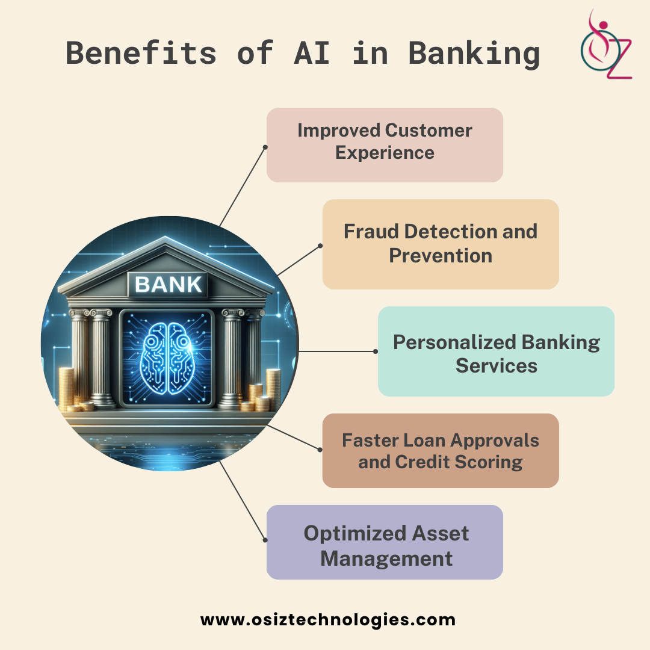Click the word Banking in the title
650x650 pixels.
[x=474, y=53]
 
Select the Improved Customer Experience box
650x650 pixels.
[x=385, y=144]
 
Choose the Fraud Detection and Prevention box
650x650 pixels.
[x=441, y=244]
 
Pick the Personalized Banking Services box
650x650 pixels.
[x=496, y=351]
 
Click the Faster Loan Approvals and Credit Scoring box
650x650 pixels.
[x=441, y=450]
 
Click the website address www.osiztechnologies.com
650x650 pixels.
[x=328, y=619]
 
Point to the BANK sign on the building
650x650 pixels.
[x=169, y=284]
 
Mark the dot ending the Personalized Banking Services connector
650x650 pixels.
[x=376, y=351]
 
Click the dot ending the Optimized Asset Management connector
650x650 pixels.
[x=264, y=539]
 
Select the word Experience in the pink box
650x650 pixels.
[x=385, y=153]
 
